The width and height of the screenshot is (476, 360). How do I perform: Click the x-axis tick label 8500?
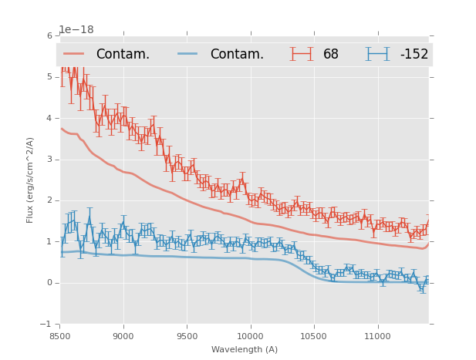(x=60, y=337)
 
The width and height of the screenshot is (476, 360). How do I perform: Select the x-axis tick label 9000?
(x=123, y=337)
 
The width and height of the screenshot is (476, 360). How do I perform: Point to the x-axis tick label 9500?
(x=187, y=337)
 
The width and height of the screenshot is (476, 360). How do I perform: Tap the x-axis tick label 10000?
(x=250, y=337)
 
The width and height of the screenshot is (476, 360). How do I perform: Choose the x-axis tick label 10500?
(x=314, y=337)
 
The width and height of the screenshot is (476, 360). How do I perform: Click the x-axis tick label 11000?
(x=377, y=337)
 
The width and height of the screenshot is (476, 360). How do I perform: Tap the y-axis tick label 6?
(x=49, y=35)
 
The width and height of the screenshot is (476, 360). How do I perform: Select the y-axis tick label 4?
(x=49, y=118)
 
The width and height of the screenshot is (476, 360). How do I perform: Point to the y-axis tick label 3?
(x=49, y=160)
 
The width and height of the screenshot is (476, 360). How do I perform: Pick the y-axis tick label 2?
(x=49, y=200)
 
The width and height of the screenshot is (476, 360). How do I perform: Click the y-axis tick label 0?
(x=49, y=283)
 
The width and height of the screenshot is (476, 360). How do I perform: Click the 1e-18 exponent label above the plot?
(x=76, y=29)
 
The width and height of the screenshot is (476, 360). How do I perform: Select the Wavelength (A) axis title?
(x=245, y=349)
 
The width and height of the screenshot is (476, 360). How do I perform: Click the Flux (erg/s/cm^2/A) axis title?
(x=31, y=180)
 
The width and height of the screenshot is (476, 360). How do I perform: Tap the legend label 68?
(x=331, y=55)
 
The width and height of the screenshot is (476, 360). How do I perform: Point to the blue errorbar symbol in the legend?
(x=377, y=54)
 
